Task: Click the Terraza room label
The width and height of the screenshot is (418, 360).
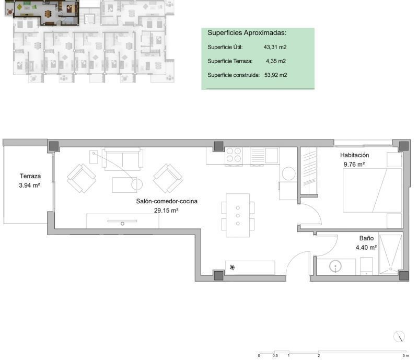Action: (30, 176)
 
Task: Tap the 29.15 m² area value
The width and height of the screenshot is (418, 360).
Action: (166, 211)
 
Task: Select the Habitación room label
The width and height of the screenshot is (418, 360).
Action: (354, 155)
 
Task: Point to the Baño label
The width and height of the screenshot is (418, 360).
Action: (366, 238)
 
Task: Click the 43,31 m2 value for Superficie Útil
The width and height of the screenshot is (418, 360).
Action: (275, 47)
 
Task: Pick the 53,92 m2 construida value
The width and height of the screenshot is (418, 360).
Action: (275, 75)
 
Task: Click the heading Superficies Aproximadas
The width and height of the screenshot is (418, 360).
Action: (247, 33)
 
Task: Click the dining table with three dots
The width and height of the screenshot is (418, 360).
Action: (238, 215)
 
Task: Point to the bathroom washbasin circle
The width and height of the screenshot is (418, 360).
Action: (335, 266)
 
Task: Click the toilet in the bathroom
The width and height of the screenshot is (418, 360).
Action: (366, 266)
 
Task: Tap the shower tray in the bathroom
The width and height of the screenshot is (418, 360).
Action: (390, 254)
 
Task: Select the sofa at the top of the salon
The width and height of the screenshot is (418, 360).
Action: (122, 159)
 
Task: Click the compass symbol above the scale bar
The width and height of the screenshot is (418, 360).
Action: (399, 336)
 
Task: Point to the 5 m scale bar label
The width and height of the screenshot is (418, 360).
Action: (405, 356)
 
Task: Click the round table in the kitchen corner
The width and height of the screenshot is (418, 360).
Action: (289, 173)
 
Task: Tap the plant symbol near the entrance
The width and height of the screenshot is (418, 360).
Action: (233, 267)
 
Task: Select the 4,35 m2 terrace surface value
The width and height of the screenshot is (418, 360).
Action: (276, 61)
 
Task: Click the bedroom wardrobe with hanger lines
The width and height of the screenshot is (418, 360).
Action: (309, 171)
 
